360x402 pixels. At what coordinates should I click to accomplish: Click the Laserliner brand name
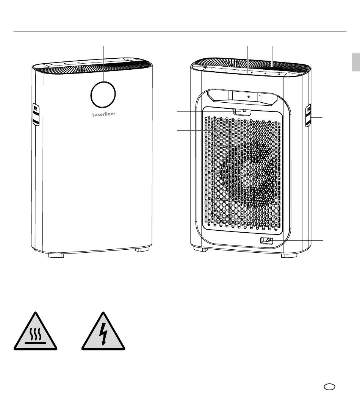104,114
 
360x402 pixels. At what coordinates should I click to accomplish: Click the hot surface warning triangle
35,331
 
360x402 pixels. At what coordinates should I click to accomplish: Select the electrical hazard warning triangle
103,331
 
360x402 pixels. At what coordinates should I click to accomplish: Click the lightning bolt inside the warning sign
103,334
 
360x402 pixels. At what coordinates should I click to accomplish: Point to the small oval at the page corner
329,387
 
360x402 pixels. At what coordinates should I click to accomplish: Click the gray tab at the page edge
356,62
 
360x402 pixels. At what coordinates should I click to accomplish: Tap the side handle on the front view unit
36,114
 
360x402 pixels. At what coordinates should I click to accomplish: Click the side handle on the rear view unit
308,115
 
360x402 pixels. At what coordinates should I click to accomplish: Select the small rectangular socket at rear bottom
267,241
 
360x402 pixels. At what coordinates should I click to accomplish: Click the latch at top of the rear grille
242,111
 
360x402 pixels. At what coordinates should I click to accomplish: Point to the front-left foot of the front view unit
56,255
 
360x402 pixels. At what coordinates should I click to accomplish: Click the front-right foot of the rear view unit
289,256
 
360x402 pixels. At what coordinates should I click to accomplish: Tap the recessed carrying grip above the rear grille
242,97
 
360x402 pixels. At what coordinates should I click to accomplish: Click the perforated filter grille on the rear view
243,172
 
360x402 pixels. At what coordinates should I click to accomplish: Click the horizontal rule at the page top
180,31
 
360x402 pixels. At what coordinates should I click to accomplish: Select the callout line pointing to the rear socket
297,241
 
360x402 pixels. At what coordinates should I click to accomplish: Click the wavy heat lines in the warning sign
35,334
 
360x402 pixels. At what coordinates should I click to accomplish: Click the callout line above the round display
104,64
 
